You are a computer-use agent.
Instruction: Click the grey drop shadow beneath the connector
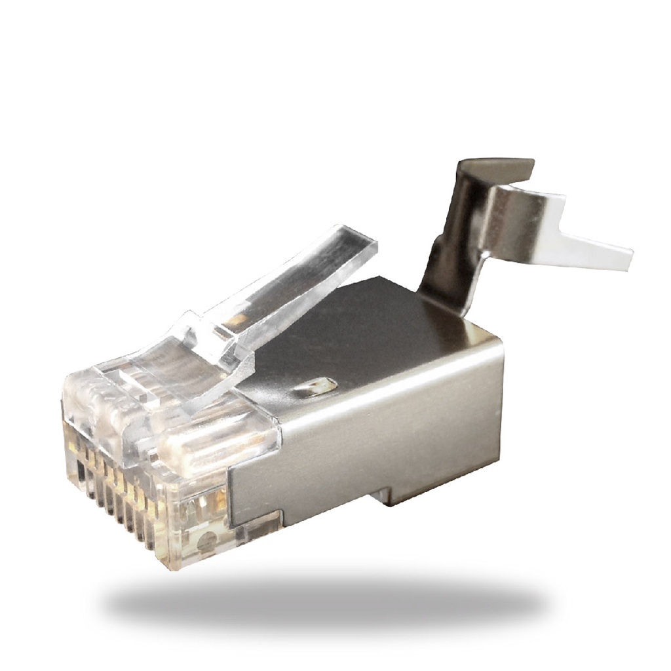[x=328, y=606]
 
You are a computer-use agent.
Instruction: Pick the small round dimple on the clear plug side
[x=207, y=541]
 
